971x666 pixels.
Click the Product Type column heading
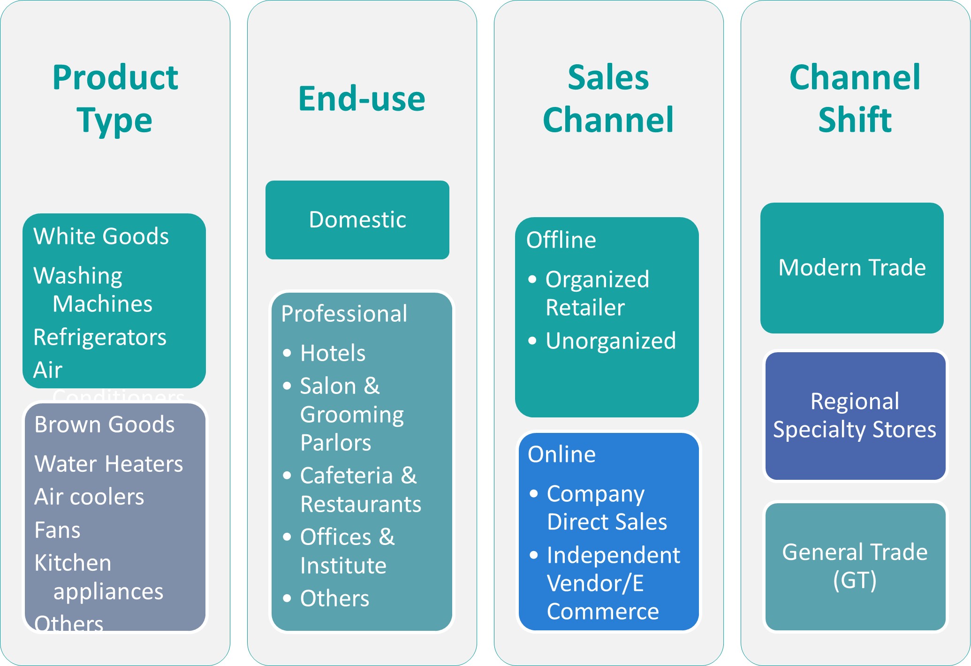click(115, 98)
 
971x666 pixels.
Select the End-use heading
click(362, 99)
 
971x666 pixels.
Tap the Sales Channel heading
click(608, 98)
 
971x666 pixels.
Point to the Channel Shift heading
click(855, 98)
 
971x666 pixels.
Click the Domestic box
click(357, 220)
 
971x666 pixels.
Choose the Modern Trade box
click(852, 268)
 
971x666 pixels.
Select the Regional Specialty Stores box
click(855, 416)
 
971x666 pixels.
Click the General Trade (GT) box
click(855, 566)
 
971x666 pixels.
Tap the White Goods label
click(101, 236)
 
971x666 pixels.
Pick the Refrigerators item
click(100, 337)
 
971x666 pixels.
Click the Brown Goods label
click(104, 425)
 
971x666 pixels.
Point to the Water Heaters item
click(109, 464)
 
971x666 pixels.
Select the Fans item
click(57, 530)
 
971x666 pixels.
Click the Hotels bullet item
click(333, 353)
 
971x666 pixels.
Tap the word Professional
click(344, 314)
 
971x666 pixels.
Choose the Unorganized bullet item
click(610, 341)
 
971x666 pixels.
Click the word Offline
click(561, 240)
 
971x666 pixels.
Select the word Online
click(561, 454)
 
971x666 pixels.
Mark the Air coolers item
click(89, 497)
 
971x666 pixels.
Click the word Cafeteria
click(346, 476)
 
